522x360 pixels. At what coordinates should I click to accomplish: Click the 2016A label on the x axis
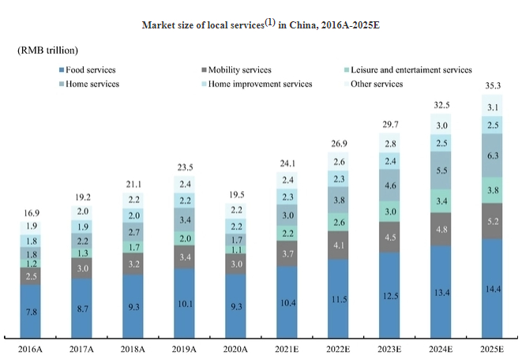31,348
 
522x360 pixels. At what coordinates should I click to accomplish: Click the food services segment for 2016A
30,311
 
